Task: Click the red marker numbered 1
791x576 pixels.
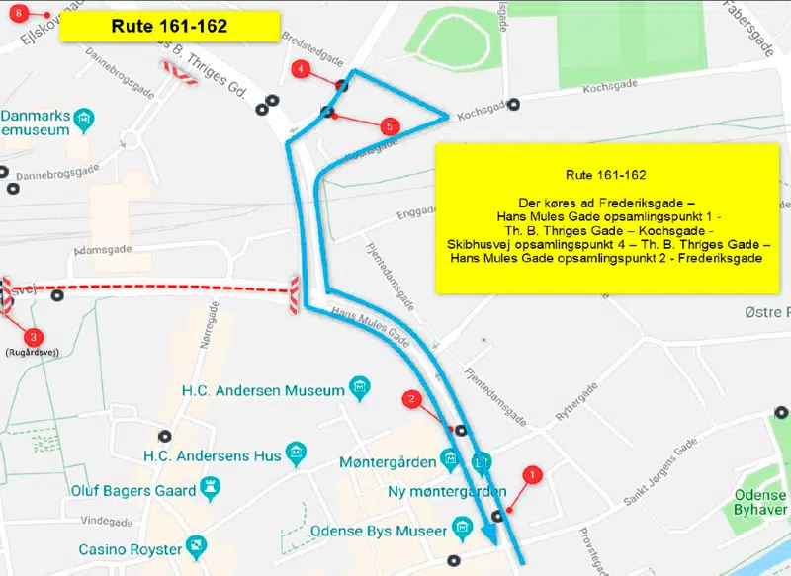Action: (533, 475)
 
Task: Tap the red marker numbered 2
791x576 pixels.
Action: (412, 399)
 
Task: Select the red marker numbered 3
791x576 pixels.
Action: (33, 337)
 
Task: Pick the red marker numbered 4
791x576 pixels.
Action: (301, 69)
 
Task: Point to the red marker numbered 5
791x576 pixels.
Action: (389, 125)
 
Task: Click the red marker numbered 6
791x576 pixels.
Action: (19, 13)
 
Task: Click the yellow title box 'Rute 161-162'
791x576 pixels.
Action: (168, 26)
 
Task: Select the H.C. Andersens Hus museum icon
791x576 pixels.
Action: (295, 455)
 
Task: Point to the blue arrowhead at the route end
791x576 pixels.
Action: (489, 533)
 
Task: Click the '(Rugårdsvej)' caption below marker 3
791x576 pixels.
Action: (33, 353)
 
